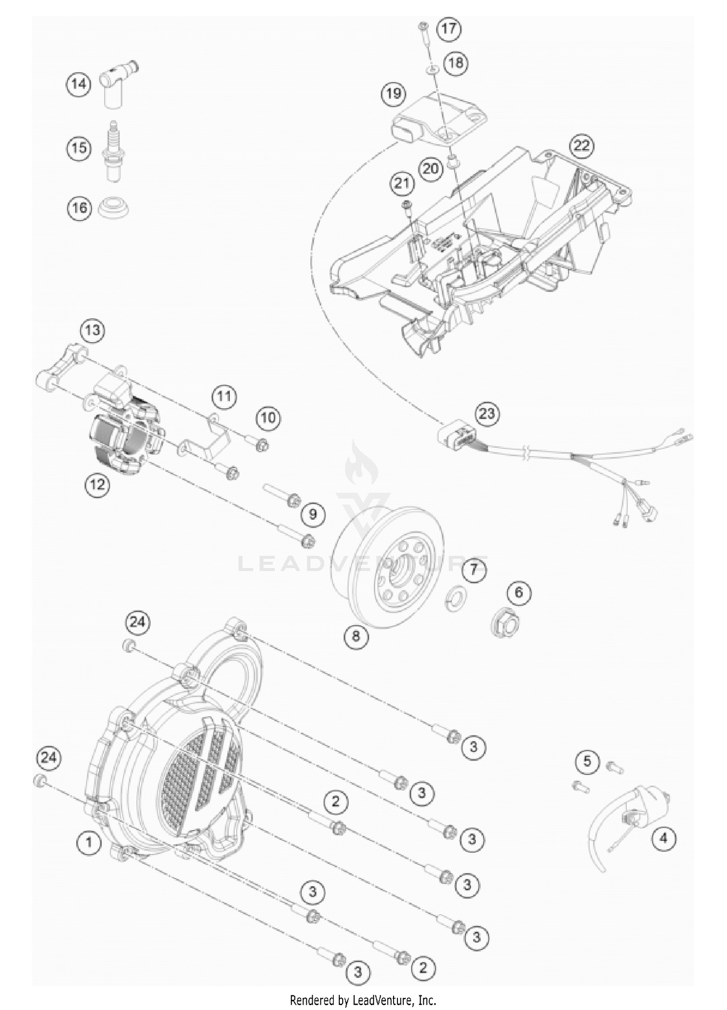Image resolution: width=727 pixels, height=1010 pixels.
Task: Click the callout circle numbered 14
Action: (79, 84)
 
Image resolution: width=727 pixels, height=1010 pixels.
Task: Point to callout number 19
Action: (394, 93)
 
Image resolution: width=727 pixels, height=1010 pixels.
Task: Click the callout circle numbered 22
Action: (582, 145)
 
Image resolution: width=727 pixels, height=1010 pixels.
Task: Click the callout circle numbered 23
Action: (487, 413)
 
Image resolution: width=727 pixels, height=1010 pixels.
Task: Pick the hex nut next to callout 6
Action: (506, 622)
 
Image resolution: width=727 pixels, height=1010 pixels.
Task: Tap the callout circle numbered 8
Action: (356, 635)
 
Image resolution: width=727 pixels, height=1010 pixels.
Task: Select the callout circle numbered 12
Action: (97, 484)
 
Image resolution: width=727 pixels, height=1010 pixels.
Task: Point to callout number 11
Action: (224, 396)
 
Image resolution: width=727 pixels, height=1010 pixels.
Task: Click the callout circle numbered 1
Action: (89, 843)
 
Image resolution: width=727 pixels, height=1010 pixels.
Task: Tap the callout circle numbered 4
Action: (664, 838)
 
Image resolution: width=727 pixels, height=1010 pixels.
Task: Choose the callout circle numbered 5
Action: (587, 761)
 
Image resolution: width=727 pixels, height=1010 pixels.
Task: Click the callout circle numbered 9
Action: (313, 514)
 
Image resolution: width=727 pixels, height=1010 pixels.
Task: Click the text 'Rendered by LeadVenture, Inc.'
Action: (363, 999)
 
